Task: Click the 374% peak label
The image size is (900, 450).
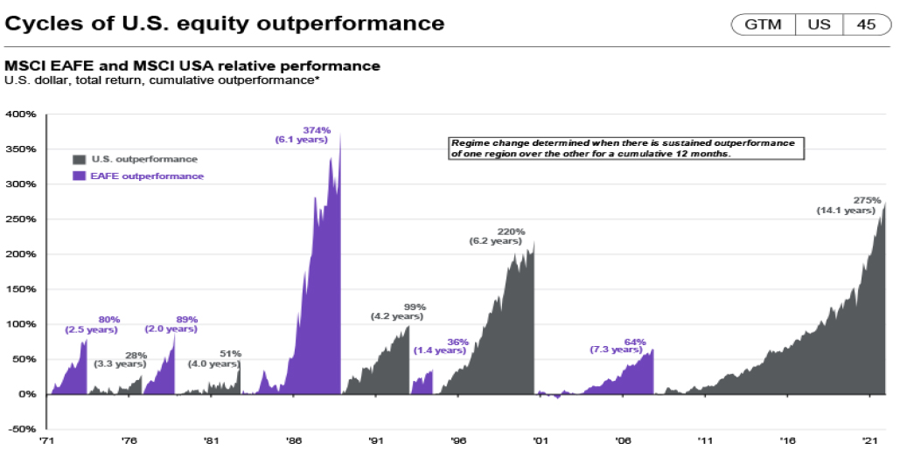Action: tap(316, 130)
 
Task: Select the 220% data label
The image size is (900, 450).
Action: tap(512, 232)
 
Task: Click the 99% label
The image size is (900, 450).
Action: tap(415, 307)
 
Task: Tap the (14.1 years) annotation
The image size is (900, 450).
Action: tap(846, 210)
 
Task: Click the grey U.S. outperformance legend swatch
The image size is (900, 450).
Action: tap(79, 159)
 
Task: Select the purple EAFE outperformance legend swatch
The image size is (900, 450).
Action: tap(79, 176)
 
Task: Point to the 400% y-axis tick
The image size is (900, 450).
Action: tap(21, 114)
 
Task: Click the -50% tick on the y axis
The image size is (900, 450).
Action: tap(21, 429)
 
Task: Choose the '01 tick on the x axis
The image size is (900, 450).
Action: tap(541, 440)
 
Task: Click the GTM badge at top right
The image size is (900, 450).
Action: tap(762, 24)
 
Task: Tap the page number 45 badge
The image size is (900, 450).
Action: tap(866, 24)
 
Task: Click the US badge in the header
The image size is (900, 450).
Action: tap(819, 24)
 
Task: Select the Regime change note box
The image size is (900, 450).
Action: tap(624, 147)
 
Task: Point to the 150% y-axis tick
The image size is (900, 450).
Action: tap(21, 289)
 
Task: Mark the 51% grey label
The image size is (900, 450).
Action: tap(230, 354)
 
